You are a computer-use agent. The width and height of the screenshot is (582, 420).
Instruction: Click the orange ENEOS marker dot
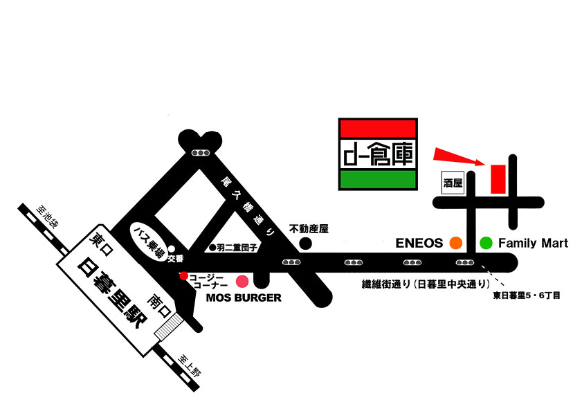(x=456, y=243)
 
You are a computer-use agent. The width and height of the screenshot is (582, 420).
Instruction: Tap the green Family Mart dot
(x=486, y=243)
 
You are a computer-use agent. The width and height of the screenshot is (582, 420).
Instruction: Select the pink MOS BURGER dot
(x=242, y=281)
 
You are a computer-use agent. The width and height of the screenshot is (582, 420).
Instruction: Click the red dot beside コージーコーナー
(x=183, y=275)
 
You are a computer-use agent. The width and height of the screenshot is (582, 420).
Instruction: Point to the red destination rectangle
(x=498, y=179)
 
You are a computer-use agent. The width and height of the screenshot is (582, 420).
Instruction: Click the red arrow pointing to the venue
(x=460, y=156)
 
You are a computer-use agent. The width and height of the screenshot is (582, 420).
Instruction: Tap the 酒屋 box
(x=453, y=183)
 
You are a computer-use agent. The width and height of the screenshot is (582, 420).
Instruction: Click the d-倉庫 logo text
(x=378, y=154)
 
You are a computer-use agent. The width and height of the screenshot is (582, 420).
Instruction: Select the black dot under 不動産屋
(x=305, y=244)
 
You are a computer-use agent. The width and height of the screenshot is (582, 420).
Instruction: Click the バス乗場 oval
(x=149, y=244)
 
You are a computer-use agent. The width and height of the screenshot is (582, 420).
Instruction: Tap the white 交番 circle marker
(x=172, y=248)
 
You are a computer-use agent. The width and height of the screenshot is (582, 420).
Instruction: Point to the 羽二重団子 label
(x=237, y=248)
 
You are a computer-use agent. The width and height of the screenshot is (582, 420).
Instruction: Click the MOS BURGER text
(x=244, y=298)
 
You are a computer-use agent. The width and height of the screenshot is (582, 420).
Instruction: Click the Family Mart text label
(x=533, y=243)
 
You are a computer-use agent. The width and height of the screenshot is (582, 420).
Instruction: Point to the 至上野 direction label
(x=190, y=365)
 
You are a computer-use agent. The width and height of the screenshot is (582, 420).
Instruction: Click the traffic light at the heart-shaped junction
(x=201, y=152)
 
